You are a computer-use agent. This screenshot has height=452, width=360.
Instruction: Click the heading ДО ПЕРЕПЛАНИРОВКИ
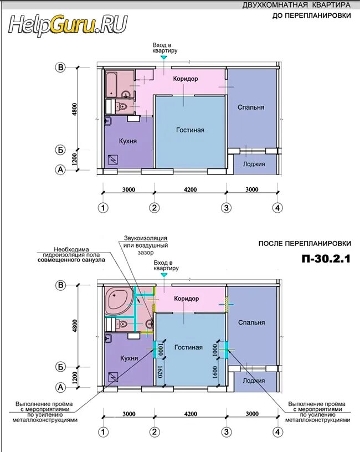click(312, 16)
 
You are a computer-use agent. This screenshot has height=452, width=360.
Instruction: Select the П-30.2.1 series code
click(326, 259)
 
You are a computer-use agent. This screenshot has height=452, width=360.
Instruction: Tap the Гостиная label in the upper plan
click(190, 130)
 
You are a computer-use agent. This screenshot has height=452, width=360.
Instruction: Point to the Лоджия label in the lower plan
click(254, 381)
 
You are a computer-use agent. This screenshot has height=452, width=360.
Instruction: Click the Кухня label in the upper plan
click(128, 141)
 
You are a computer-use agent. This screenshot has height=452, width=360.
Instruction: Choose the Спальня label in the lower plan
click(251, 322)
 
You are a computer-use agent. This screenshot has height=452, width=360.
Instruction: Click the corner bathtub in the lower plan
click(119, 301)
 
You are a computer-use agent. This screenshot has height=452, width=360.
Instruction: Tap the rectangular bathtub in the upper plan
click(111, 84)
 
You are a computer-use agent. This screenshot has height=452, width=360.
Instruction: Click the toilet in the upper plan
click(121, 106)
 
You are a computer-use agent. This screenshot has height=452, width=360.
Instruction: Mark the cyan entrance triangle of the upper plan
click(164, 58)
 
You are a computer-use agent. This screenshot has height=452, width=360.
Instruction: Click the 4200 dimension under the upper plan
click(190, 189)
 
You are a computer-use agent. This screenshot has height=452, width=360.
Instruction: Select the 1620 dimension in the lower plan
click(161, 372)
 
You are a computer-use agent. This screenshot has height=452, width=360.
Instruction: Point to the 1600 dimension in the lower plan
click(214, 372)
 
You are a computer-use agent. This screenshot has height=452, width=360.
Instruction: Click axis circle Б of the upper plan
click(60, 150)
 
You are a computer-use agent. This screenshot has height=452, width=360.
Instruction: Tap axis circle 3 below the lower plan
click(227, 432)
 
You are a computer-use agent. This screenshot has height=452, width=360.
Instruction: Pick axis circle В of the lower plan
click(60, 285)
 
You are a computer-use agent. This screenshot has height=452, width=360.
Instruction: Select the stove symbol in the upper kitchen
click(113, 159)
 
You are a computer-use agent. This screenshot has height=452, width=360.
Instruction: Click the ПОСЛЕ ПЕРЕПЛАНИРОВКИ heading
click(305, 243)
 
